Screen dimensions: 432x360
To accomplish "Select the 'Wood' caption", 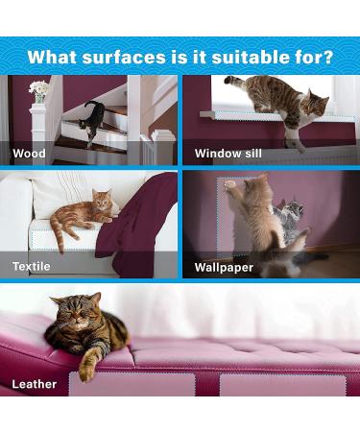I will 30,153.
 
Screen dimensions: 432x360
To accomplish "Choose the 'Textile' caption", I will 32,266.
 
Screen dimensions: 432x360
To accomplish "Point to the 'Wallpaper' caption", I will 224,266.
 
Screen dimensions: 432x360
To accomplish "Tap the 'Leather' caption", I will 35,384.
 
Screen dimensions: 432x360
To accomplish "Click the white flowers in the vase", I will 38,89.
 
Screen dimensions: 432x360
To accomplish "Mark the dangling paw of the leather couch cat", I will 90,365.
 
